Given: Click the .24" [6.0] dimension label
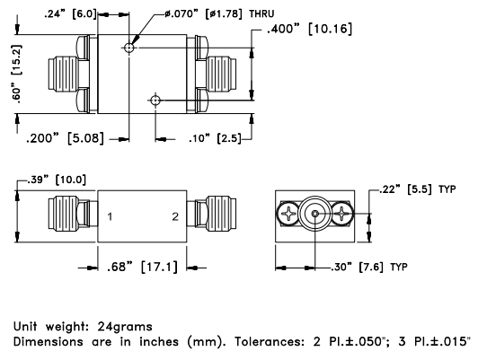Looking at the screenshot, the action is click(x=70, y=14).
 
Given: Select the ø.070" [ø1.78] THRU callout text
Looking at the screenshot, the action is click(x=219, y=14).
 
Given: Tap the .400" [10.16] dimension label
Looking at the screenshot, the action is click(x=310, y=29).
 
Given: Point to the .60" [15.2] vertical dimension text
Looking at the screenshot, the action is click(x=16, y=74).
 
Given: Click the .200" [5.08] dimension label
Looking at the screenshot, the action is click(x=65, y=138).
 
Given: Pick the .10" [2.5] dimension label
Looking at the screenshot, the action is click(x=215, y=138).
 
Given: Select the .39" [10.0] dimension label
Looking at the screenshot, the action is click(x=57, y=180).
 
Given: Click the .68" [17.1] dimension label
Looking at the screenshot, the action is click(x=142, y=267).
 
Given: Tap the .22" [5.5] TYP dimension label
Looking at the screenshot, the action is click(x=418, y=189).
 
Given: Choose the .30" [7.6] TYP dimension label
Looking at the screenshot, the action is click(x=369, y=267).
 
